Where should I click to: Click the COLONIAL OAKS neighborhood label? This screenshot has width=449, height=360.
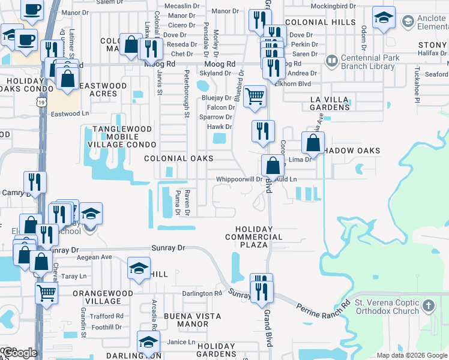click(x=179, y=158)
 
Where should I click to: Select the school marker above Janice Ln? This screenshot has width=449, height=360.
click(x=148, y=343)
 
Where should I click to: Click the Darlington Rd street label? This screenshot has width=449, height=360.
click(x=202, y=294)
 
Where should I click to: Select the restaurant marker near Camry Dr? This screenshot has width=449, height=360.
click(x=35, y=182)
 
